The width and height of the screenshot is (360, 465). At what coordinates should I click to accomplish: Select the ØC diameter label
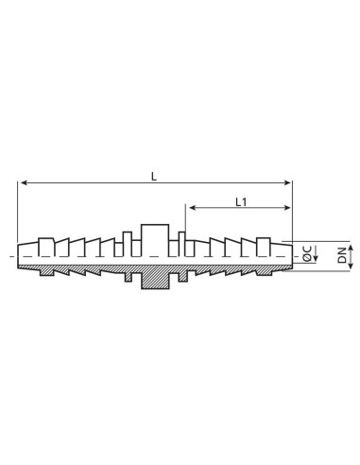coord(308,254)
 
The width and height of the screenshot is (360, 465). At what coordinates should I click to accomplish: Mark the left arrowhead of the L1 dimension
coord(190,209)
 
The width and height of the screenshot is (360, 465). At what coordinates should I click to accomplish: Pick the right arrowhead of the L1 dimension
coord(289,209)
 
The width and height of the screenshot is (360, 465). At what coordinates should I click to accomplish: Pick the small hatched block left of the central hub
coord(129,277)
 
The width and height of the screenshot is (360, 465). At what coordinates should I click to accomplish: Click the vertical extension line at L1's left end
coord(186,222)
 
